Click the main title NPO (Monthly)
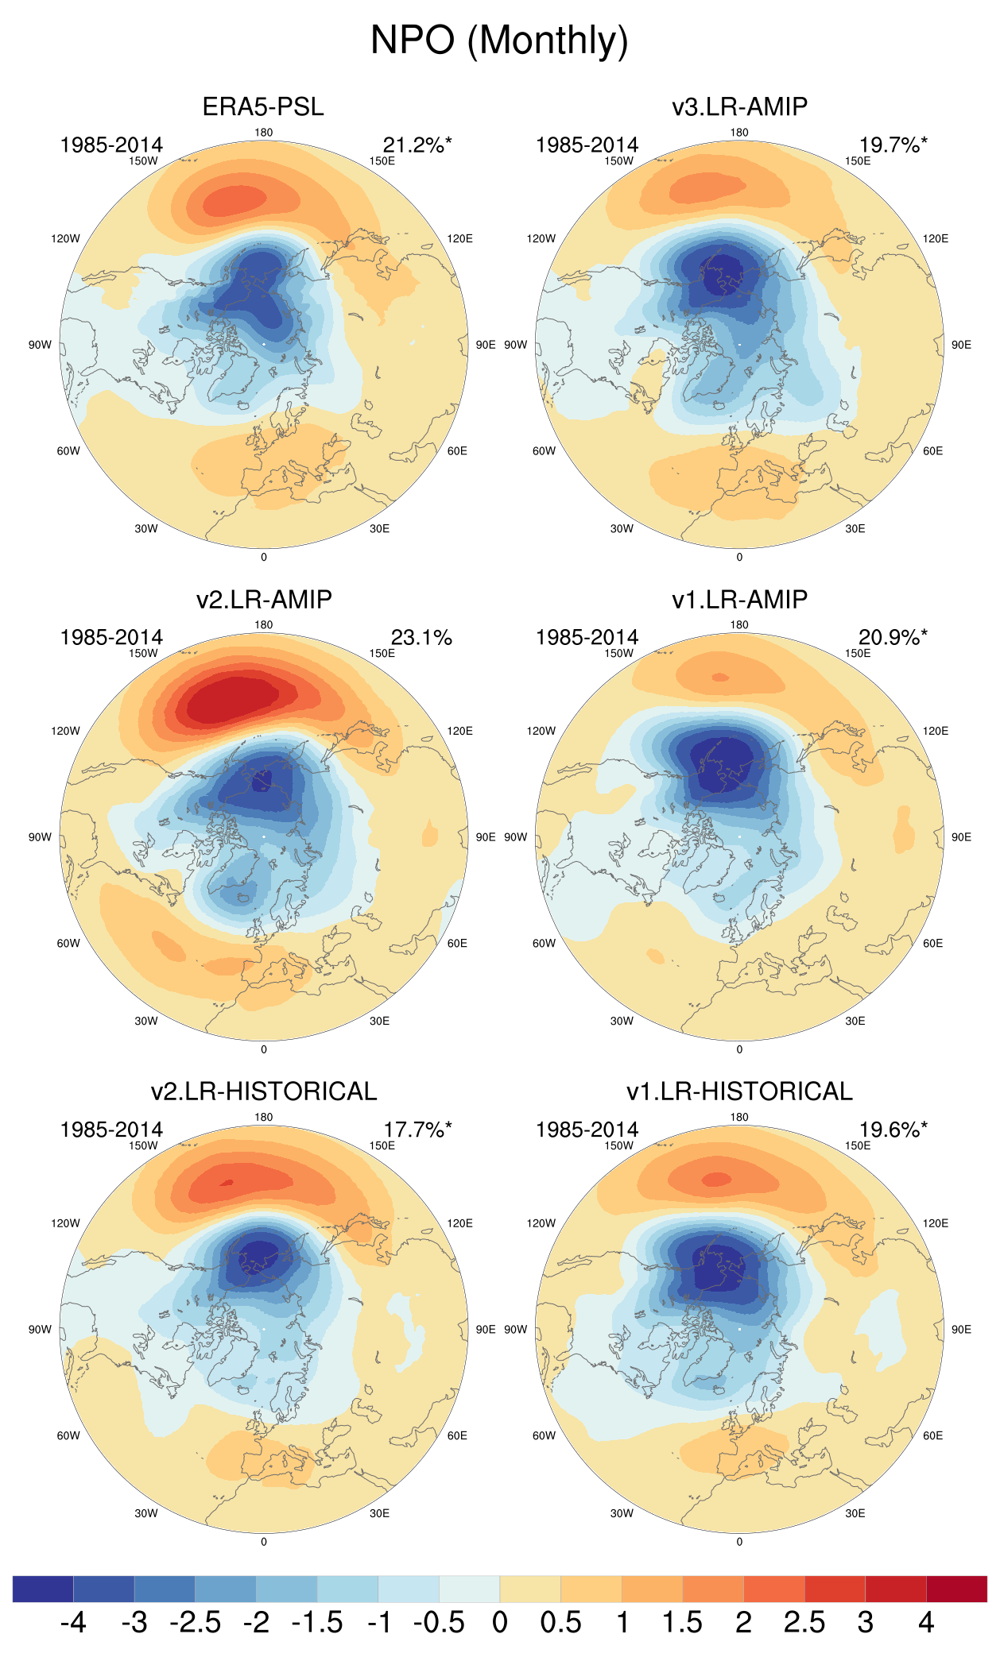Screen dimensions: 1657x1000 click(499, 40)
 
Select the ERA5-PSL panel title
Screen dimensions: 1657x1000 click(263, 106)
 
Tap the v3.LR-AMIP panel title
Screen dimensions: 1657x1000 click(739, 106)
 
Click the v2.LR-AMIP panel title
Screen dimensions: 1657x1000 click(263, 599)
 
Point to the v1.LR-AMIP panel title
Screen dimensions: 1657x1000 click(739, 599)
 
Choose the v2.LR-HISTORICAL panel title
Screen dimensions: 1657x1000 click(263, 1091)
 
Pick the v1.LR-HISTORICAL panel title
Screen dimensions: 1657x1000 click(739, 1091)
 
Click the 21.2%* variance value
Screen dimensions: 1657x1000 click(417, 145)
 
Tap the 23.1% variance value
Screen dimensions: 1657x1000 click(421, 638)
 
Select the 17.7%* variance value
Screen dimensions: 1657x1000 click(417, 1130)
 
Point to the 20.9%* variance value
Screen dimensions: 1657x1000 click(892, 638)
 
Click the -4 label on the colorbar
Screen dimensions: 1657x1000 click(73, 1623)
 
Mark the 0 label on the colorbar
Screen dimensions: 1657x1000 click(499, 1623)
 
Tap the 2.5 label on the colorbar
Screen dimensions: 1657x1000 click(804, 1623)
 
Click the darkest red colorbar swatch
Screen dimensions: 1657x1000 click(956, 1589)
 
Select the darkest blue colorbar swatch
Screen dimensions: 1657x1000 click(43, 1589)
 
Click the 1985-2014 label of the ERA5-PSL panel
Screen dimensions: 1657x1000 click(111, 145)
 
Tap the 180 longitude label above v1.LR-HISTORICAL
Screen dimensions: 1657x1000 click(739, 1117)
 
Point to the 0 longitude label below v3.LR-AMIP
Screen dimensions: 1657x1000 click(739, 557)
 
